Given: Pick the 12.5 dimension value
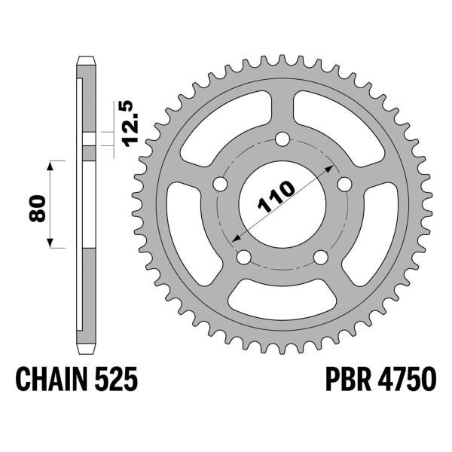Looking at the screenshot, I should (x=129, y=124).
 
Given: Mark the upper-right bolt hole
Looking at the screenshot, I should (x=345, y=185).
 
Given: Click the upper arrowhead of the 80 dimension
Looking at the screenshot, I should (x=51, y=165).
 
